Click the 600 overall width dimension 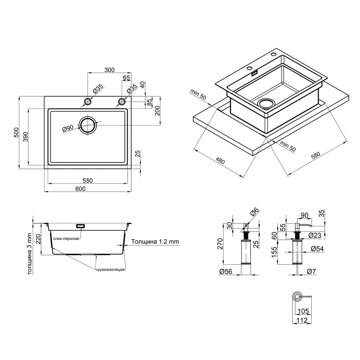click(x=80, y=189)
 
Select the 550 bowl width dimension click(x=88, y=180)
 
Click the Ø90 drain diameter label click(x=68, y=128)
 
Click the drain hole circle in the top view click(x=88, y=125)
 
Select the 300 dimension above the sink click(x=109, y=70)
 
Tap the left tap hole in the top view click(x=88, y=101)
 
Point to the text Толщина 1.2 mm click(x=155, y=242)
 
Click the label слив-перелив click(x=66, y=238)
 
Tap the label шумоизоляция click(x=111, y=270)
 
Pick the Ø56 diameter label click(x=226, y=272)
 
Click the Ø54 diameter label click(x=316, y=249)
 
